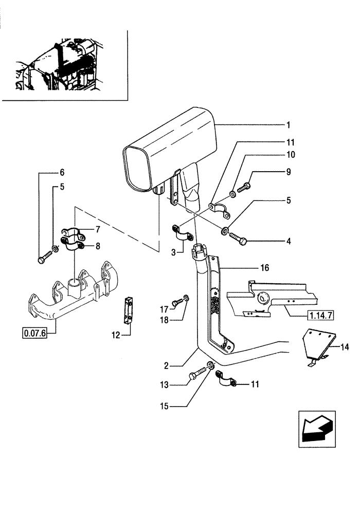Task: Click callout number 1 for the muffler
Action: (289, 125)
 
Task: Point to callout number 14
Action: (345, 348)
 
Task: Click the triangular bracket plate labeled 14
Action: (317, 344)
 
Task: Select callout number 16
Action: (264, 268)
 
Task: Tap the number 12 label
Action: (116, 335)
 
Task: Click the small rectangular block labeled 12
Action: (129, 310)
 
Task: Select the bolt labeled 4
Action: (237, 238)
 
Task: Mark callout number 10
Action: (288, 154)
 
